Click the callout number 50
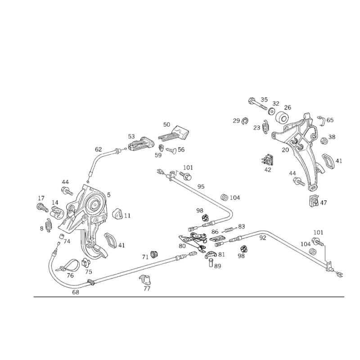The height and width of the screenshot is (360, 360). click(166, 125)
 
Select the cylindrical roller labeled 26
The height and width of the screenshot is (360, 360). click(282, 117)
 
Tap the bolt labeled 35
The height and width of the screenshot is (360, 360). click(257, 104)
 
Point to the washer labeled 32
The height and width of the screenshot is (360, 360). click(271, 111)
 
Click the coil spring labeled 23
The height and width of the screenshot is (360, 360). click(265, 126)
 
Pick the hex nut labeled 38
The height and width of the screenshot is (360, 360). click(324, 140)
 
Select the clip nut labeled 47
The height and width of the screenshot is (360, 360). click(314, 201)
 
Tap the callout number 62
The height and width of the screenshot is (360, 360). click(98, 149)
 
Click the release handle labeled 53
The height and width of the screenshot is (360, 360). click(141, 144)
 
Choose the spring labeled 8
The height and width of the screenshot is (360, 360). click(49, 225)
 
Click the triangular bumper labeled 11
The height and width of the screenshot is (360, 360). click(117, 214)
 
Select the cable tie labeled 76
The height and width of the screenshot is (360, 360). click(68, 266)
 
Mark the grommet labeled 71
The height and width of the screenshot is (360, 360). click(155, 254)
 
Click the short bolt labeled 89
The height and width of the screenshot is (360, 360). click(211, 262)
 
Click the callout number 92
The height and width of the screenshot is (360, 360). click(263, 238)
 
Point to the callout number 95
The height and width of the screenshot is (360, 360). click(201, 186)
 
